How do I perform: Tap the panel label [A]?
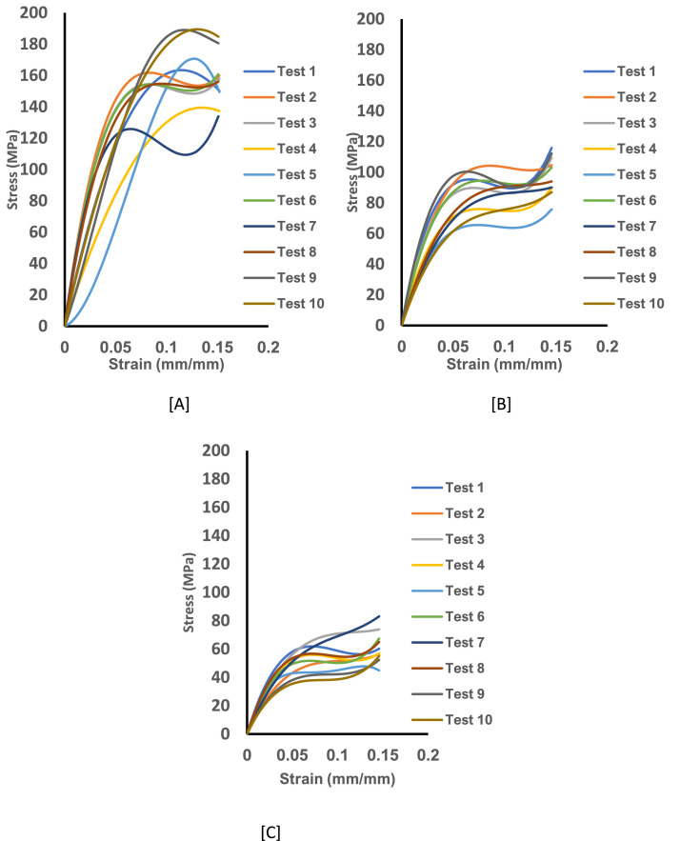pos(177,404)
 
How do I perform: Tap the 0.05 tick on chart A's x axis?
pos(115,346)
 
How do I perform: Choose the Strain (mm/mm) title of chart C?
pos(337,778)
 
